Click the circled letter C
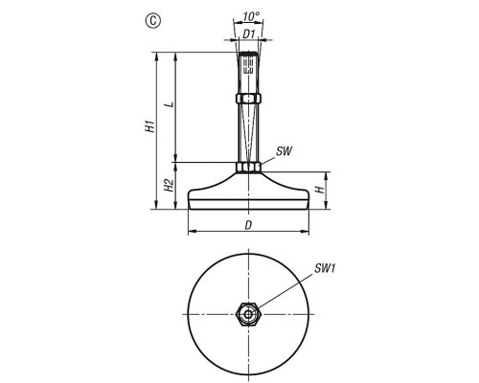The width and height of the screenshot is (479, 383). coord(153,21)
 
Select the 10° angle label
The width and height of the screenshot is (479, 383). coord(251,16)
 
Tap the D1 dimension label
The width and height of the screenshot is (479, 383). coord(249,34)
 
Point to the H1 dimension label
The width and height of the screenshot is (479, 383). coord(150,126)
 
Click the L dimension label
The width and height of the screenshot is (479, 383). coord(171,104)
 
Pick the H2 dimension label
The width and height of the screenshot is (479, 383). coord(169,185)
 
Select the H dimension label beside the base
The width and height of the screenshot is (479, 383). coord(320,190)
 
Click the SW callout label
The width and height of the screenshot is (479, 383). coord(284,151)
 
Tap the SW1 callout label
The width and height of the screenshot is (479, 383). coord(325,269)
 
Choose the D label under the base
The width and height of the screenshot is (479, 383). coord(248,225)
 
